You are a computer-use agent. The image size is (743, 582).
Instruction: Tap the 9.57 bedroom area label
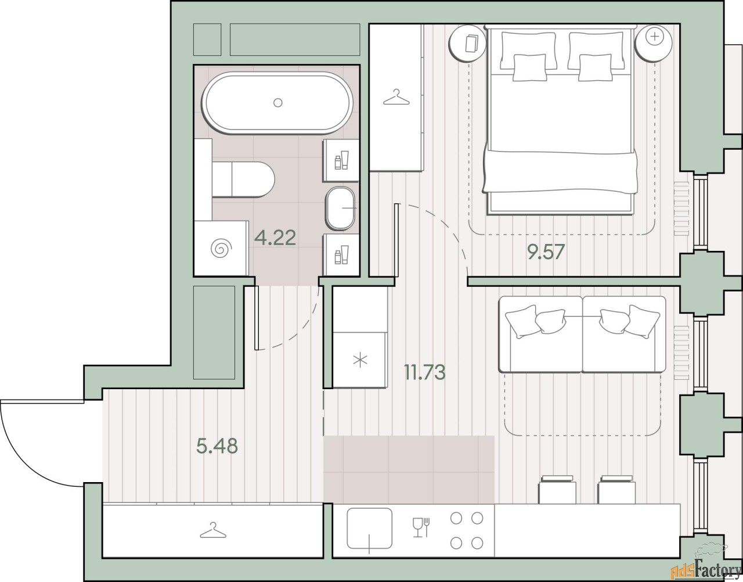pos(546,252)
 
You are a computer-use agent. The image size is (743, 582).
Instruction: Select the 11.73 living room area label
pos(425,372)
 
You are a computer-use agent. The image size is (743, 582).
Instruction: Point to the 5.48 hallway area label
pos(217,446)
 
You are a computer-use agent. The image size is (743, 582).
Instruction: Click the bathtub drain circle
pos(277,102)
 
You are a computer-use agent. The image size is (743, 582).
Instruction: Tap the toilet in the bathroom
pos(243,179)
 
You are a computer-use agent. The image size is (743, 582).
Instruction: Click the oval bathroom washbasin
pos(341,209)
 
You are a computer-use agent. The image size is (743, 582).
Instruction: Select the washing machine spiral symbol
pos(221,247)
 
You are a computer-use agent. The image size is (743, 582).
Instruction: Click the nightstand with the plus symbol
pos(654,43)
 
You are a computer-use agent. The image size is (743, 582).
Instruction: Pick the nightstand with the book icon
pos(467,44)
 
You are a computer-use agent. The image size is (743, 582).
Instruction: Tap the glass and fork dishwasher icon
pos(421,527)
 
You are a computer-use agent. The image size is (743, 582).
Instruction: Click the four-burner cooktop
pos(466,530)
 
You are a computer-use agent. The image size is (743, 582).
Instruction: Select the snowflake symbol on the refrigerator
pos(360,361)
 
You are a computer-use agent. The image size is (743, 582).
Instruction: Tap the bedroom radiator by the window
pos(681,209)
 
